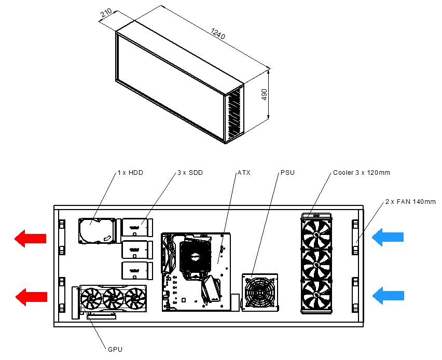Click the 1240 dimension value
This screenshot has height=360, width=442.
click(x=218, y=34)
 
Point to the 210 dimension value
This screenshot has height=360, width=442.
click(x=106, y=13)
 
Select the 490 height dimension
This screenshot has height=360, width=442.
click(x=264, y=95)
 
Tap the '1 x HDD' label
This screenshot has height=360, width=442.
click(x=130, y=173)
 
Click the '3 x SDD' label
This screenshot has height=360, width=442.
click(x=190, y=173)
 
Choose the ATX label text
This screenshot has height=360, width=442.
click(x=244, y=173)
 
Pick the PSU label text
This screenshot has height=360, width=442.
click(x=287, y=173)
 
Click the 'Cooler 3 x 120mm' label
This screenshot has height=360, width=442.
click(x=362, y=173)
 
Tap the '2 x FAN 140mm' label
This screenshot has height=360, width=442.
click(x=410, y=202)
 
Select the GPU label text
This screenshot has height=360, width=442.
click(x=115, y=349)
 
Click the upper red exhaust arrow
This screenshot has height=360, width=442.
click(x=31, y=239)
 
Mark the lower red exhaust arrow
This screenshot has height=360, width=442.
click(x=31, y=297)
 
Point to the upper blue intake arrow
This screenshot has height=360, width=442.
click(x=388, y=237)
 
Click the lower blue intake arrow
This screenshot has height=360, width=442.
click(x=388, y=296)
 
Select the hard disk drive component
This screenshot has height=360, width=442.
click(x=97, y=231)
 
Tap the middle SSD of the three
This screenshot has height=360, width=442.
click(x=137, y=250)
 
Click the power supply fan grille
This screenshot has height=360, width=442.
click(x=259, y=292)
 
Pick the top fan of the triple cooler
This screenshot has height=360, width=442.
click(x=316, y=234)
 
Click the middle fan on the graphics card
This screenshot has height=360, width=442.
click(x=113, y=299)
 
